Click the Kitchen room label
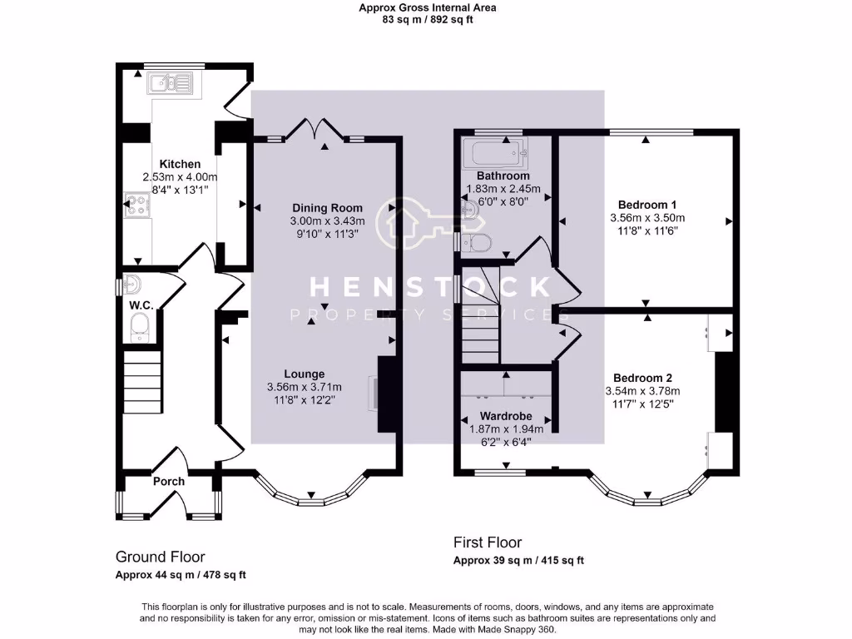[180, 164]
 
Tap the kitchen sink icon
[169, 83]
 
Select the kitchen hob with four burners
[137, 205]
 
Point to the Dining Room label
[327, 207]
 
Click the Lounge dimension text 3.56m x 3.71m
[305, 387]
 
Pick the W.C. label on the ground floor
[141, 305]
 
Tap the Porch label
[168, 482]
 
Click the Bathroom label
[503, 176]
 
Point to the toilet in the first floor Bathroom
[475, 242]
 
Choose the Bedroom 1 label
[647, 205]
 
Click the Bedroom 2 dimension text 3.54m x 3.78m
[643, 391]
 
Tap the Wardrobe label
[506, 416]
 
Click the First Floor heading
[488, 542]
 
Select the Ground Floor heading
[161, 557]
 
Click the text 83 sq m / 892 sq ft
[427, 20]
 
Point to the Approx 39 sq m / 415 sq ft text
[519, 560]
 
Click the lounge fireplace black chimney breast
[387, 394]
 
